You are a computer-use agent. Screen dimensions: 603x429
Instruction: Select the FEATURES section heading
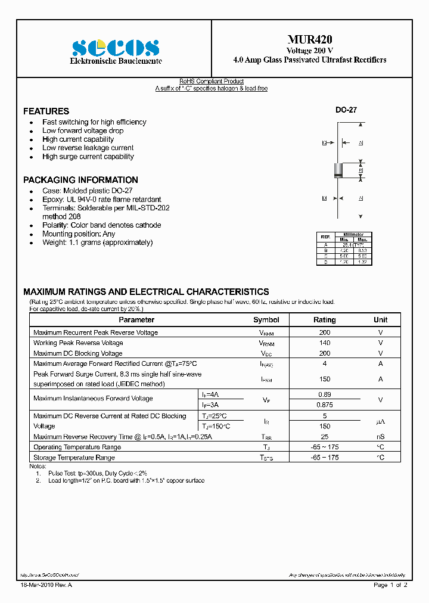pyautogui.click(x=46, y=111)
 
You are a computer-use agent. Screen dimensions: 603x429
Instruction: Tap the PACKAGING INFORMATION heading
pyautogui.click(x=80, y=180)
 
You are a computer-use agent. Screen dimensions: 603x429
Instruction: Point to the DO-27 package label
pyautogui.click(x=346, y=110)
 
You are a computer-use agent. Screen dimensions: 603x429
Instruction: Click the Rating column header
pyautogui.click(x=324, y=320)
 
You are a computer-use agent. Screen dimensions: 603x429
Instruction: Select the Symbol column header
pyautogui.click(x=266, y=320)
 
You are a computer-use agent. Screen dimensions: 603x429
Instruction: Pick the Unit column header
pyautogui.click(x=380, y=320)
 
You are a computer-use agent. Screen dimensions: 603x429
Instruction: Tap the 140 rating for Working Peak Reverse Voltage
pyautogui.click(x=324, y=343)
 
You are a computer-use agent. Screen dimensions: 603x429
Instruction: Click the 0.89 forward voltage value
pyautogui.click(x=324, y=394)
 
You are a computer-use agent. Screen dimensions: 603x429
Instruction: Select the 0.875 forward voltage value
pyautogui.click(x=324, y=405)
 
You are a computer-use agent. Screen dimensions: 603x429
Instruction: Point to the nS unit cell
pyautogui.click(x=380, y=437)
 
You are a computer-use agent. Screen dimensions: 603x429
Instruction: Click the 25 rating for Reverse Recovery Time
pyautogui.click(x=324, y=437)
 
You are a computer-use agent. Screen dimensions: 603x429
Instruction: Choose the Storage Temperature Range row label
pyautogui.click(x=74, y=458)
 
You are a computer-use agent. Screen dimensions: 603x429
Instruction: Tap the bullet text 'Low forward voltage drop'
pyautogui.click(x=83, y=130)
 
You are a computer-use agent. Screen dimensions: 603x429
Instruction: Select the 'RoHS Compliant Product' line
pyautogui.click(x=212, y=82)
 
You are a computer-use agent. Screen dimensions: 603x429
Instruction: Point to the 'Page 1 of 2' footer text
pyautogui.click(x=390, y=586)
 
